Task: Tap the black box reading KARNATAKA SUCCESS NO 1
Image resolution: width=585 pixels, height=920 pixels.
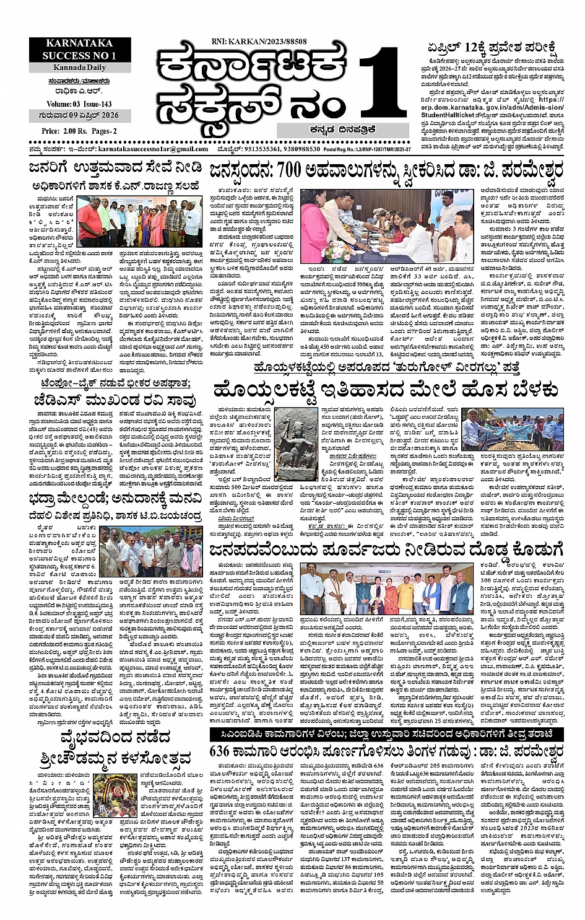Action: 79,50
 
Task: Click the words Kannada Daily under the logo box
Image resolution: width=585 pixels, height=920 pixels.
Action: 79,67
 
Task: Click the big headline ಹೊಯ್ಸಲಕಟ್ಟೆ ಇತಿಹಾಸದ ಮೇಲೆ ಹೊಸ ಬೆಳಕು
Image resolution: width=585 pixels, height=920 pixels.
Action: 386,389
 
